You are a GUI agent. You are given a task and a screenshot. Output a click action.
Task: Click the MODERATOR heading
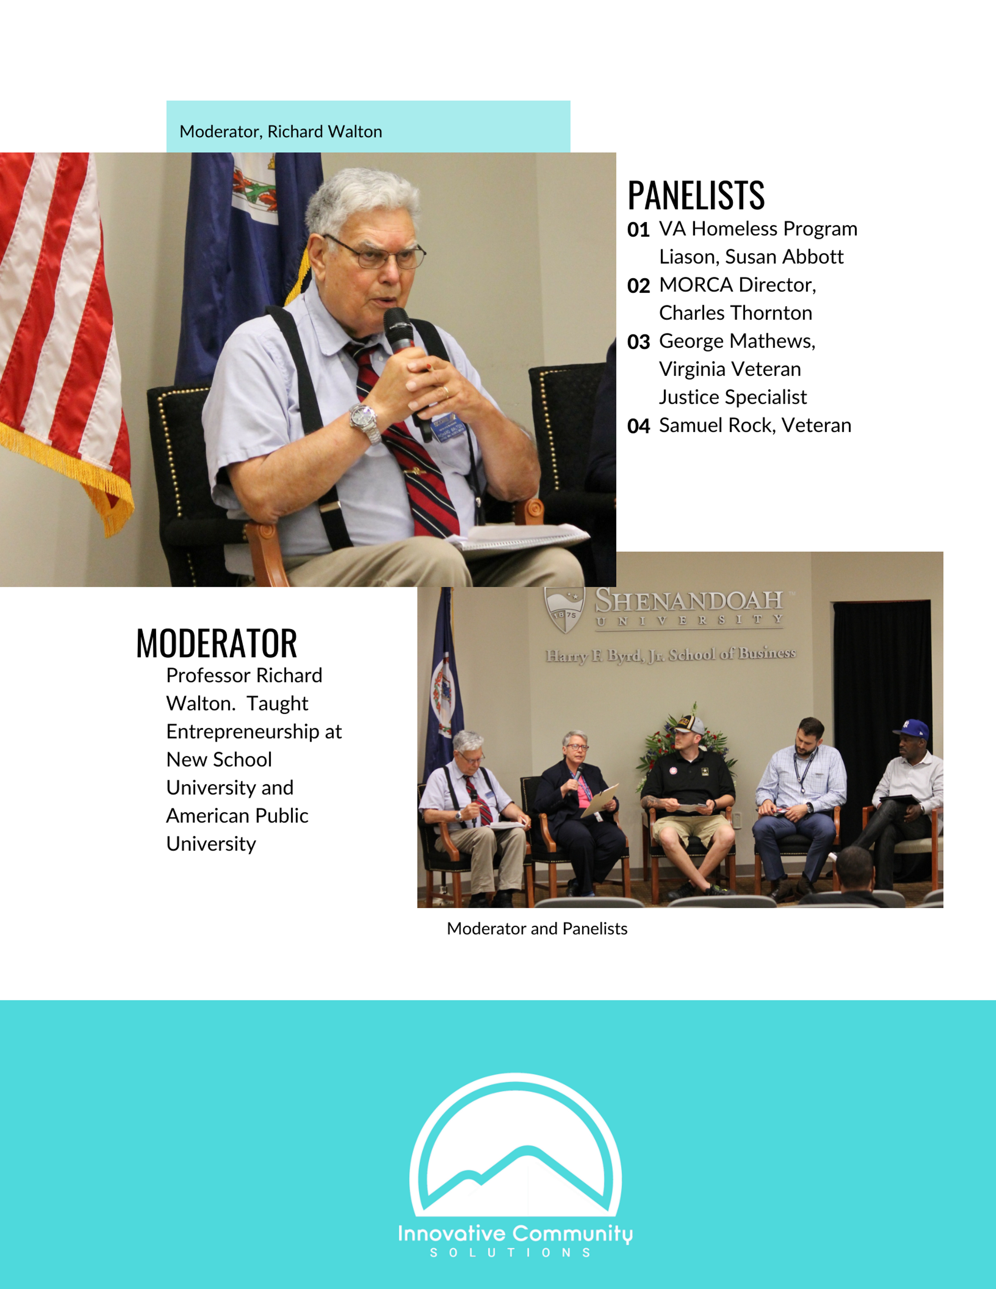[x=216, y=643]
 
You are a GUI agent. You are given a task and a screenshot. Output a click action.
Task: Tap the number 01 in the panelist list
[x=639, y=230]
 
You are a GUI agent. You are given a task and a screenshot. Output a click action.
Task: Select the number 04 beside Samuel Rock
[x=639, y=426]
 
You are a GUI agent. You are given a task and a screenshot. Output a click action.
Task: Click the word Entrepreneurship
[x=243, y=732]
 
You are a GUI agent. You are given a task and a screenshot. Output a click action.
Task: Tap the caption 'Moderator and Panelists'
[x=537, y=928]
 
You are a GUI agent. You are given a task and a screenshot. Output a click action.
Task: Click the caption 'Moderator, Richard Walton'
[x=281, y=132]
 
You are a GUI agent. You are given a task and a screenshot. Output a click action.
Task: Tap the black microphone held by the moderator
[x=405, y=354]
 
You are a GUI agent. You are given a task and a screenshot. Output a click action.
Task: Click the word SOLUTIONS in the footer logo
[x=510, y=1252]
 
